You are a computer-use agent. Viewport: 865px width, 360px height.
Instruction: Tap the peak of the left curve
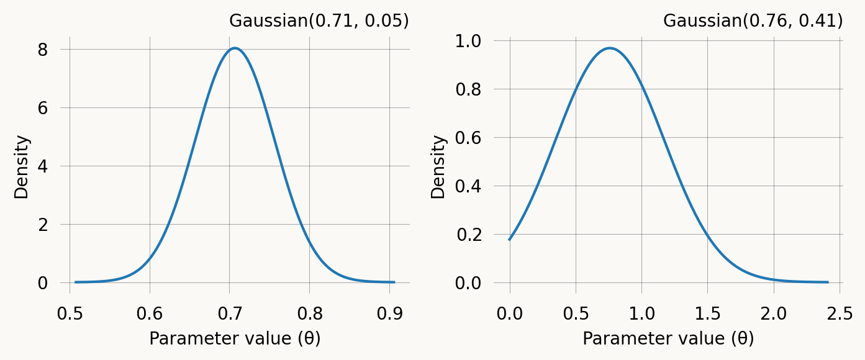pos(234,48)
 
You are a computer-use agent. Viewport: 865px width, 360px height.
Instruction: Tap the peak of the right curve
pos(610,48)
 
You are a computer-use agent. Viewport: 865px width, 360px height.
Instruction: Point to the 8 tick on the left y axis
pos(43,50)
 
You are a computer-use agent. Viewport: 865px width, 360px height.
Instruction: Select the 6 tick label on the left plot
pos(43,108)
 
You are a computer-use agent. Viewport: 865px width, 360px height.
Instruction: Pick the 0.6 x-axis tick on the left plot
pos(150,313)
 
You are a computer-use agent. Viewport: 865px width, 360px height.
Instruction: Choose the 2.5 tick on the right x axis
pos(839,313)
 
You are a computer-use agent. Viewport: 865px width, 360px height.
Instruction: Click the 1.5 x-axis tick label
pos(707,313)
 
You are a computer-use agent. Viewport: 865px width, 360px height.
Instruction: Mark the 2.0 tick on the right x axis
pos(773,313)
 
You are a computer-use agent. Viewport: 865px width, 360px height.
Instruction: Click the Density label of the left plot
pos(22,166)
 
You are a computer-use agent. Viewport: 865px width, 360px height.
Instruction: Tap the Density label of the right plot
pos(438,166)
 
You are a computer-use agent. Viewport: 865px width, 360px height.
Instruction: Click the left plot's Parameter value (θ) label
pos(235,338)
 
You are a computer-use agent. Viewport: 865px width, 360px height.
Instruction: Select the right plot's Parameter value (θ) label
pos(668,338)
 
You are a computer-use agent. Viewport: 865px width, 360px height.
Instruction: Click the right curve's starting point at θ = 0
pos(510,240)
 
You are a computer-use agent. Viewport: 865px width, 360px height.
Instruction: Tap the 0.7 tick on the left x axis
pos(230,313)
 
